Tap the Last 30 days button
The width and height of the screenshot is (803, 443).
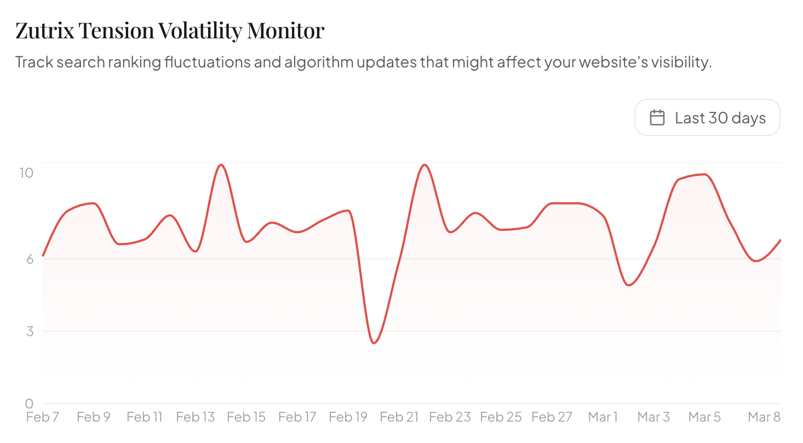tap(707, 117)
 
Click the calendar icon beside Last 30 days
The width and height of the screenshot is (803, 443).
tap(657, 117)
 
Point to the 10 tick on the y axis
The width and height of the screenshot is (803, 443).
tap(26, 173)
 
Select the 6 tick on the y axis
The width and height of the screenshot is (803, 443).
tap(29, 258)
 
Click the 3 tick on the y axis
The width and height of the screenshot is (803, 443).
tap(29, 331)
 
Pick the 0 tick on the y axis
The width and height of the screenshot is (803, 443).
tap(29, 404)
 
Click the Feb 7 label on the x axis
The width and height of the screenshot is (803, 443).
tap(43, 417)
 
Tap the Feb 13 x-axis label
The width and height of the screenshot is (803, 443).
tap(195, 417)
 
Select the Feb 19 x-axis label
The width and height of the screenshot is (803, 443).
tap(348, 417)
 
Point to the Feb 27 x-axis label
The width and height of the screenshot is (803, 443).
tap(552, 417)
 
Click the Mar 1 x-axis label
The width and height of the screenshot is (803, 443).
tap(603, 417)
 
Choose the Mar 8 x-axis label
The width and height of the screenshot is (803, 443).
tap(764, 417)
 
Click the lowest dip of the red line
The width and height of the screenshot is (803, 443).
tap(374, 343)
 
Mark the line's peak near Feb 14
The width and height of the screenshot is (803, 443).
tap(221, 165)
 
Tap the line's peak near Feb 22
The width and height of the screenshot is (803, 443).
tap(425, 165)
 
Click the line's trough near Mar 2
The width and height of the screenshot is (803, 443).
tap(629, 285)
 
